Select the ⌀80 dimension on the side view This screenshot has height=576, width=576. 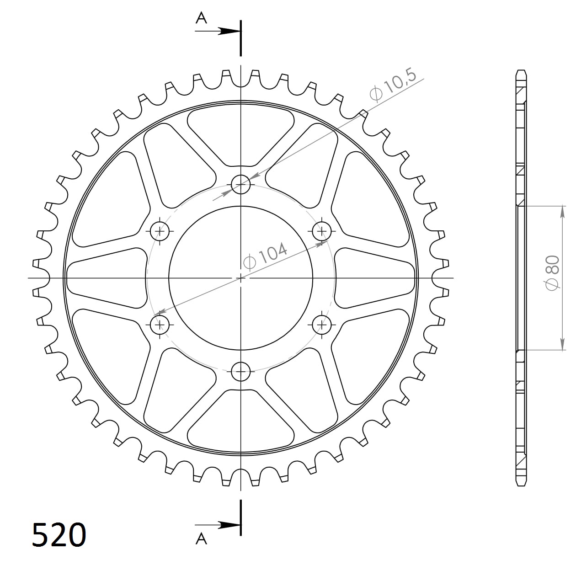pos(552,272)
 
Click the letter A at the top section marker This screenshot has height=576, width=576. pos(201,18)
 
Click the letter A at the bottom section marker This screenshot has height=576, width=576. pos(201,539)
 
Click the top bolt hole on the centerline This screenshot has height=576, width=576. pos(241,185)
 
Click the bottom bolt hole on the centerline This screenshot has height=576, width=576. pos(241,371)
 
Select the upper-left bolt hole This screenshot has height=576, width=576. pos(160,231)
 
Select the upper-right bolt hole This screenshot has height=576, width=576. pos(322,231)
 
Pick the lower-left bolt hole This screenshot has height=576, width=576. pos(160,325)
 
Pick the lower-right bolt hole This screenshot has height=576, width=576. pos(322,325)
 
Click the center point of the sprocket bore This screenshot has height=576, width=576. pos(241,278)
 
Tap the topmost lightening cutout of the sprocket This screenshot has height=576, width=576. pos(241,135)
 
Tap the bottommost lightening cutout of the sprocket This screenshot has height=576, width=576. pos(241,421)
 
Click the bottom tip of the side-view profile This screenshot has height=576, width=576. pos(521,485)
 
